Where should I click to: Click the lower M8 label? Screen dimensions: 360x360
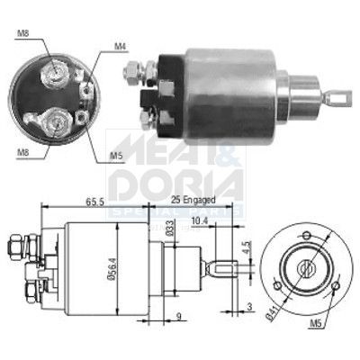(x=22, y=152)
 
